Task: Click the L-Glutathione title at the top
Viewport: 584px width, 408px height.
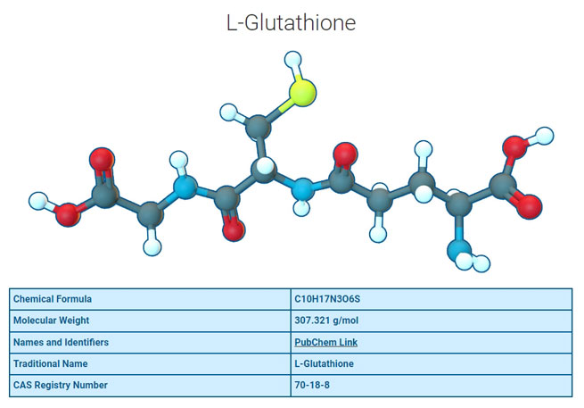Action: [292, 23]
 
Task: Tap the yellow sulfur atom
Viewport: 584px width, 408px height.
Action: [303, 92]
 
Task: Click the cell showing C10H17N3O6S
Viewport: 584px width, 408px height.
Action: [328, 299]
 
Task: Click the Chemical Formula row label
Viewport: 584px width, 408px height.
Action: [53, 299]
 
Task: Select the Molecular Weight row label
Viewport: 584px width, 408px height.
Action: [53, 321]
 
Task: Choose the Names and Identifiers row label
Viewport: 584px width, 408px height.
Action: [61, 342]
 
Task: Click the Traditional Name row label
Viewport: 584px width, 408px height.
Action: [53, 363]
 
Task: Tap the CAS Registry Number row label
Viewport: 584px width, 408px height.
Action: [61, 385]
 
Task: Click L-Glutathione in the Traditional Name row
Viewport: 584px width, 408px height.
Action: [325, 363]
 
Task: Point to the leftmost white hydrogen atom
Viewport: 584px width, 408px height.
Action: [38, 199]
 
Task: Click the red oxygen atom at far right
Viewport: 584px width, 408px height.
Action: [530, 208]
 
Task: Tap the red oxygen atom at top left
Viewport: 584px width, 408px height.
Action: [102, 162]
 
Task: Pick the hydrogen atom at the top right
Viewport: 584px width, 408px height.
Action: [542, 134]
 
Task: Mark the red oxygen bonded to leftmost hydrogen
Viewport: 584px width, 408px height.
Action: [67, 214]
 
